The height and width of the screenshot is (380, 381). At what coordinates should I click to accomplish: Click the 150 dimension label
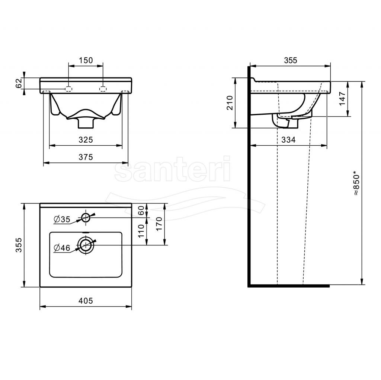(x=86, y=60)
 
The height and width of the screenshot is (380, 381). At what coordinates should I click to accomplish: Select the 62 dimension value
(x=19, y=83)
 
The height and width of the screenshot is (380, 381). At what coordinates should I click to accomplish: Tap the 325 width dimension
(x=86, y=140)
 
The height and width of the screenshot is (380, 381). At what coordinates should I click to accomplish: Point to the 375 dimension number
(x=86, y=157)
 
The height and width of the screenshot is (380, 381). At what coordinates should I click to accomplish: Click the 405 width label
(x=86, y=301)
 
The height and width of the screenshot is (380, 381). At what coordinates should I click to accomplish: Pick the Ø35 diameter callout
(x=62, y=219)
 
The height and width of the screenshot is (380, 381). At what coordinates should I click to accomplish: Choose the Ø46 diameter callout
(x=62, y=248)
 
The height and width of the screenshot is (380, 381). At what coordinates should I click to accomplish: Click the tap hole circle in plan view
(x=86, y=218)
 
